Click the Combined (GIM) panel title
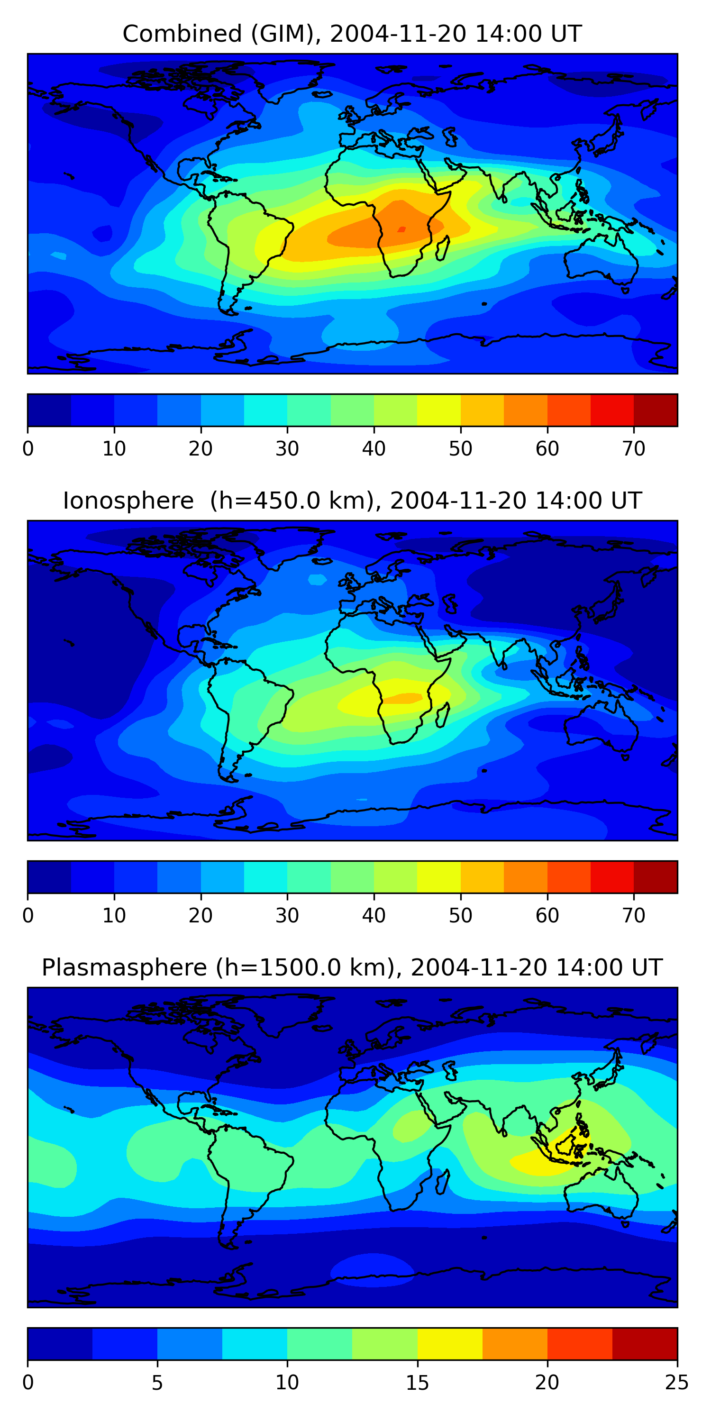click(352, 34)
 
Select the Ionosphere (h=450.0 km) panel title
click(352, 501)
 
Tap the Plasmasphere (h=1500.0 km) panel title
click(352, 968)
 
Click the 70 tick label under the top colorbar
click(634, 449)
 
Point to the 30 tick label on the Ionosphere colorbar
click(287, 916)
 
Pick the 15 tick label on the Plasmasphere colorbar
click(417, 1383)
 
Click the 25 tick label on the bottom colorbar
click(676, 1383)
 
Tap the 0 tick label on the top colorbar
click(28, 449)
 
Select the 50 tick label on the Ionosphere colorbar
click(460, 916)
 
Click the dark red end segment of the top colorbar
click(655, 410)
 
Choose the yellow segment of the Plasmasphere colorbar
click(450, 1344)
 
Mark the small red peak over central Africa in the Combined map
click(401, 229)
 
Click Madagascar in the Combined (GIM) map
click(443, 248)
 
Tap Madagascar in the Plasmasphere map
click(443, 1183)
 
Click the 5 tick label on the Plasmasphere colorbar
click(157, 1383)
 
